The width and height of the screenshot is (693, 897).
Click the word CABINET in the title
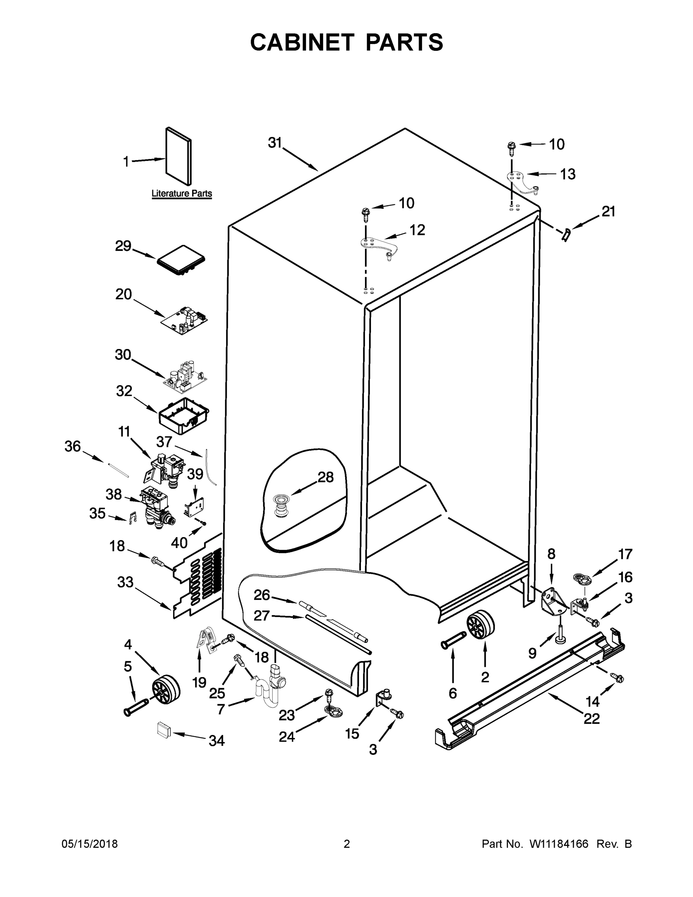coord(302,42)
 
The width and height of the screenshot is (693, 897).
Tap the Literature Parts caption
coord(182,194)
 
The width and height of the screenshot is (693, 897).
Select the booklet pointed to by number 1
coord(179,156)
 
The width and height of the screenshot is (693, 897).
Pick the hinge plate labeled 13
coord(522,181)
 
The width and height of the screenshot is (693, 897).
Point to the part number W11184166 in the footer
coord(559,844)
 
